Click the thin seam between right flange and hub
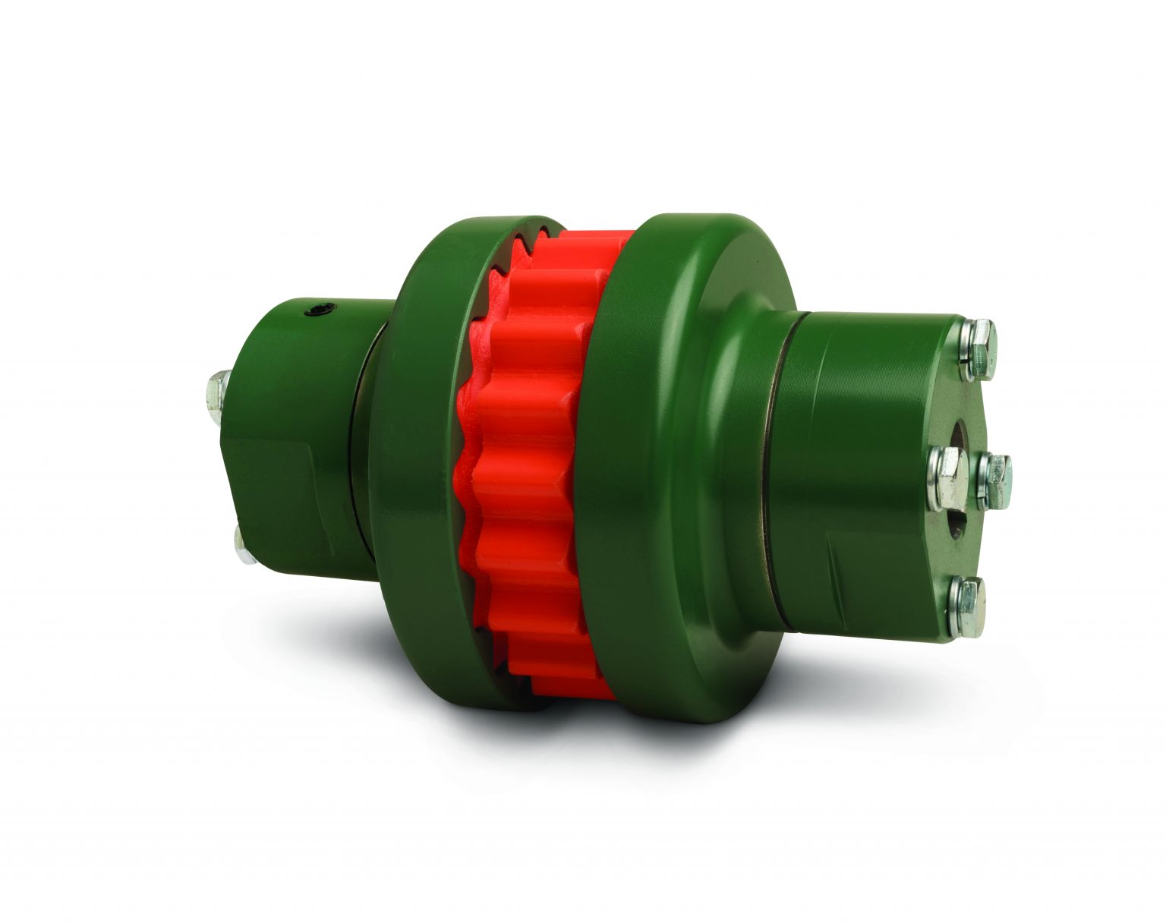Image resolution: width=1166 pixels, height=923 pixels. (x=777, y=471)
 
